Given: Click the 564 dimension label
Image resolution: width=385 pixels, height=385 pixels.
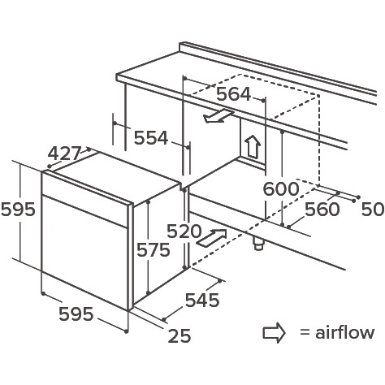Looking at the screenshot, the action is point(234,94).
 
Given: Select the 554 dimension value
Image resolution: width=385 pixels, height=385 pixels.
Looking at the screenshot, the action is point(151,137).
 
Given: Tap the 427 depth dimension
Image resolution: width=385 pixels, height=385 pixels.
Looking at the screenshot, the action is point(64,154).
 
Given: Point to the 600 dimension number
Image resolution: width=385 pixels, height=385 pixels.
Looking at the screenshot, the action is point(281,188).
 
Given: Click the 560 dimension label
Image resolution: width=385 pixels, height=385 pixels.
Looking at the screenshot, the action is point(322,209).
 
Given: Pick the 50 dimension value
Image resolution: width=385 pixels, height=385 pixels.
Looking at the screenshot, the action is point(373,209).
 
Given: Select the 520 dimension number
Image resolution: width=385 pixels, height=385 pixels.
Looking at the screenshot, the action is point(184,231).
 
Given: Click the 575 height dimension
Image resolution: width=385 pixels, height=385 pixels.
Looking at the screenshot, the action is point(154,249).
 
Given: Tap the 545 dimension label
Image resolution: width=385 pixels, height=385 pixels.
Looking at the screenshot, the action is point(202,300).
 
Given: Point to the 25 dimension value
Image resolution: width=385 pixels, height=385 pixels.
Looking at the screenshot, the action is point(180,335).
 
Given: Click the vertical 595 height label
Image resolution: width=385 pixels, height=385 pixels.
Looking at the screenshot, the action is point(18,210).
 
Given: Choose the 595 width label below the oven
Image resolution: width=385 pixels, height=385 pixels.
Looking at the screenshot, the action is point(76,314).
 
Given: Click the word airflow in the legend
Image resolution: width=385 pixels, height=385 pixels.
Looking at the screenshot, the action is point(344,332).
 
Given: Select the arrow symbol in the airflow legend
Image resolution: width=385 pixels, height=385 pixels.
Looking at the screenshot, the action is point(274,333).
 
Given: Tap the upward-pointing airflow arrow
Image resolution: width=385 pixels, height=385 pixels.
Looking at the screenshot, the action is point(253,146).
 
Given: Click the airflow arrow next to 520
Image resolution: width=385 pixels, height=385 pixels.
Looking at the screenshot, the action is point(211,238).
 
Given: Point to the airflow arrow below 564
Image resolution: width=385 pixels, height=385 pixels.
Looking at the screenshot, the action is point(218,116).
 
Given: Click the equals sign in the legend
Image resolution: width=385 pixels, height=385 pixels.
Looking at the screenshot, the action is point(305,332).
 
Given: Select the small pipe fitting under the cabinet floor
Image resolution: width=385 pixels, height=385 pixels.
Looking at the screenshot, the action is point(258,244).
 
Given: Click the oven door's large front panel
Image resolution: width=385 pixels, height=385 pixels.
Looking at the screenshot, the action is point(84,253).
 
